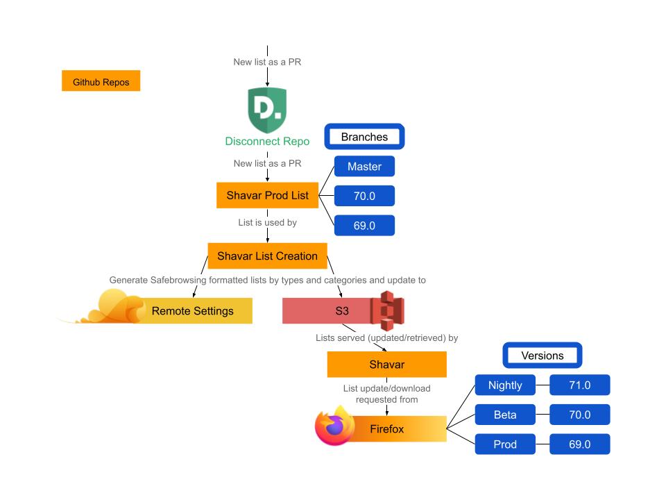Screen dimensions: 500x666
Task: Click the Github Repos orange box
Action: click(101, 81)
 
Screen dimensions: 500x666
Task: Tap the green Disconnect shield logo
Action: click(267, 110)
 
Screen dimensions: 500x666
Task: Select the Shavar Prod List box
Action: click(267, 196)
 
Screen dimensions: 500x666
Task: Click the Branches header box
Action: click(364, 137)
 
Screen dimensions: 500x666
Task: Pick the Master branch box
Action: click(364, 167)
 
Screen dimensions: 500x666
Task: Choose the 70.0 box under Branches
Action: click(364, 197)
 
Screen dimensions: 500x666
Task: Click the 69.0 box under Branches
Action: click(364, 226)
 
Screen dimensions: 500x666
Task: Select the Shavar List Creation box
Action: click(267, 256)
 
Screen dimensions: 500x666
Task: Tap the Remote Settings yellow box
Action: click(193, 310)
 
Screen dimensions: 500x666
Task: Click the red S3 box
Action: click(326, 310)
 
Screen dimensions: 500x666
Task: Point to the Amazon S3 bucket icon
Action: click(386, 310)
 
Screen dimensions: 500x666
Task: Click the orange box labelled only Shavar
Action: click(386, 365)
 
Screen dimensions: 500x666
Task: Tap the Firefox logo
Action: click(334, 426)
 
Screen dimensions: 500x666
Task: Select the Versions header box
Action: click(542, 356)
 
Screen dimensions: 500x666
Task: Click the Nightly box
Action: click(505, 385)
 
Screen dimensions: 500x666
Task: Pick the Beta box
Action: click(505, 415)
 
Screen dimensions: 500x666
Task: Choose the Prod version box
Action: click(505, 444)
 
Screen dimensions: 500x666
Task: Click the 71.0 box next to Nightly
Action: click(579, 385)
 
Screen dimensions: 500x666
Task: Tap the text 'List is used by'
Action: click(267, 222)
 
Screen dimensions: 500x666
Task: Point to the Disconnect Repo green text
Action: click(267, 141)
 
